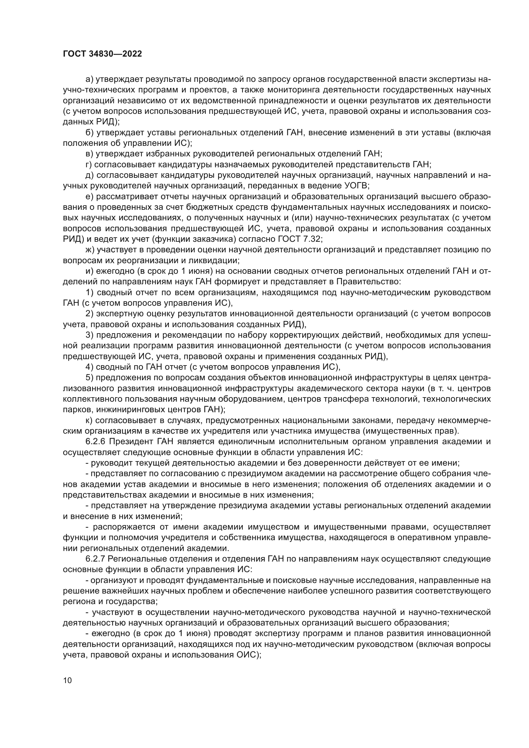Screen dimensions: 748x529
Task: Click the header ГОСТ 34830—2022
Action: tap(102, 54)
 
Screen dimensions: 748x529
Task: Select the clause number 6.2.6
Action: tap(95, 442)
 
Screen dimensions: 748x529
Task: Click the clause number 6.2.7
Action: tap(95, 559)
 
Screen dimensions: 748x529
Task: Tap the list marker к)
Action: tap(89, 421)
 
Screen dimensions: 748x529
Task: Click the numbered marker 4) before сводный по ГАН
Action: tap(89, 367)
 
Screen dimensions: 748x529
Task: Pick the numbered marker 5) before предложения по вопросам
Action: tap(89, 378)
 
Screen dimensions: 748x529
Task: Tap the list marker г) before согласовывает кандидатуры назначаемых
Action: tap(89, 164)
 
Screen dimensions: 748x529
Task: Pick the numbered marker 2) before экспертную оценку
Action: tap(89, 314)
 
